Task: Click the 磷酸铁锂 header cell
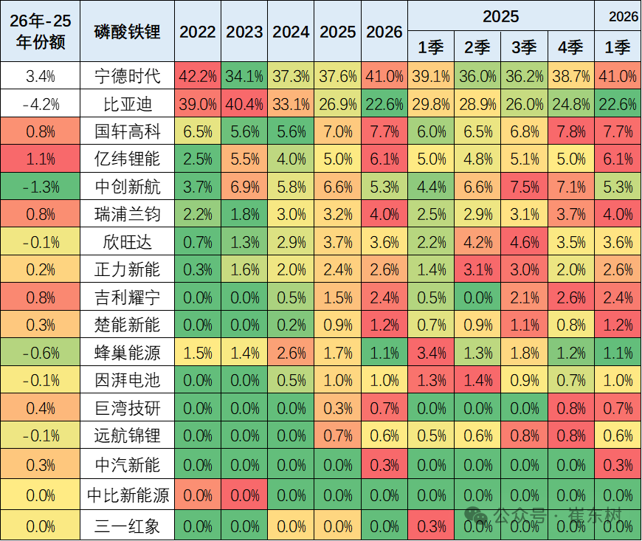pos(127,32)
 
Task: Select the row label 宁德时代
pos(127,76)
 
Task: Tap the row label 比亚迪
pos(127,104)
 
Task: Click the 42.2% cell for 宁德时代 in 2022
pos(198,76)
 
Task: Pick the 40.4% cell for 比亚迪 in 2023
pos(244,104)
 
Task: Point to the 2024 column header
pos(291,32)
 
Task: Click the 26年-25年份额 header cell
pos(40,32)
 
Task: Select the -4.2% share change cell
pos(40,104)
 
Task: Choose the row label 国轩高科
pos(127,132)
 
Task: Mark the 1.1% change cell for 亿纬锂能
pos(40,159)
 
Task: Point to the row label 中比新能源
pos(127,495)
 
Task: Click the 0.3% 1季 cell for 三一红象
pos(430,526)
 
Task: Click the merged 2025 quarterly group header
pos(501,16)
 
